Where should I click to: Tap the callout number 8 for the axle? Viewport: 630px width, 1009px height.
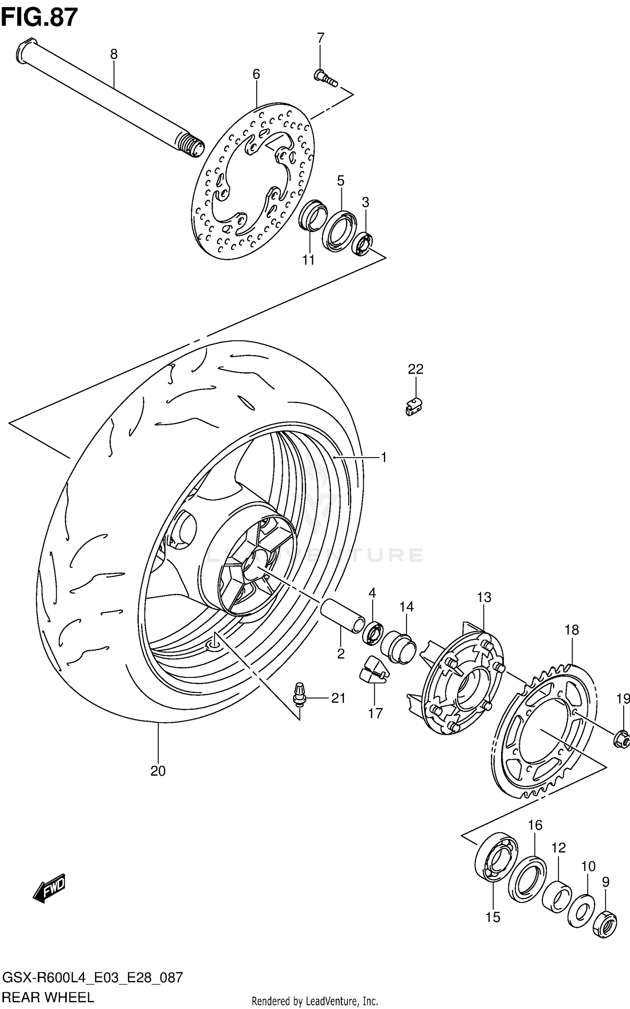pos(113,54)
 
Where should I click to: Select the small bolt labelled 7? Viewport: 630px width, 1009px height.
pos(325,78)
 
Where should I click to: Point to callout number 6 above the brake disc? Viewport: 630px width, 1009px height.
pos(256,74)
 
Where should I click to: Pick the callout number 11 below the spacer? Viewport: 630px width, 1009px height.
pos(309,260)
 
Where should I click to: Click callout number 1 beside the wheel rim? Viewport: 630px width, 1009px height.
pos(383,457)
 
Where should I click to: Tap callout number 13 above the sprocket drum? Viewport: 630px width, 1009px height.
pos(484,597)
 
